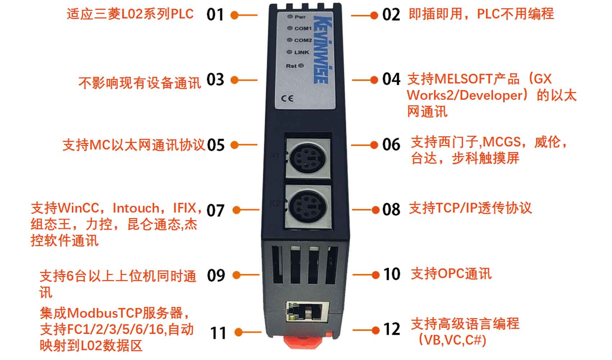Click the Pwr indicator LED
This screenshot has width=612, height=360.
click(x=290, y=17)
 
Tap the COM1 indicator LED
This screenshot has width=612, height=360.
click(x=290, y=28)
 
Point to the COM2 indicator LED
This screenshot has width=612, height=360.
click(x=289, y=40)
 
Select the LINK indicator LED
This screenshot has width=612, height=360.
click(x=289, y=52)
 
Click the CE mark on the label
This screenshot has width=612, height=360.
click(x=287, y=98)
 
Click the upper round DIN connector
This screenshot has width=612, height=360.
click(x=308, y=158)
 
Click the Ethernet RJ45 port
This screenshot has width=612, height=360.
click(x=307, y=312)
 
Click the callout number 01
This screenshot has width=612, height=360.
click(x=215, y=14)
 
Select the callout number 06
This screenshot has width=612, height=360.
click(x=391, y=144)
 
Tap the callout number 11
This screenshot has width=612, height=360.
click(x=218, y=333)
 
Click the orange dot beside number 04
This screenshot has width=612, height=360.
click(x=374, y=80)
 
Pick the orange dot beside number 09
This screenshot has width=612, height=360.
click(x=236, y=275)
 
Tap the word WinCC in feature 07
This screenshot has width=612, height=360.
click(x=78, y=208)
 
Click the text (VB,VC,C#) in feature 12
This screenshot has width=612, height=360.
click(x=453, y=340)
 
